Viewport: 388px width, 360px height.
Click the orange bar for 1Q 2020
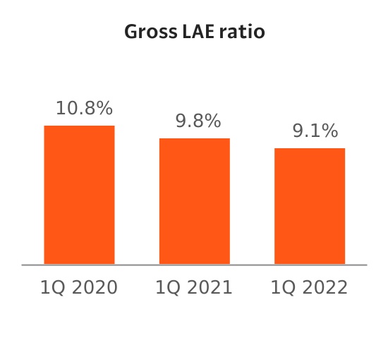79,195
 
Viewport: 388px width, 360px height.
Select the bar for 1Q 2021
195,201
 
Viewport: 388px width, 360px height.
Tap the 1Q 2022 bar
310,206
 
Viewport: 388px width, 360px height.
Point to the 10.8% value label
85,108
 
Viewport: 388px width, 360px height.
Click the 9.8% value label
198,121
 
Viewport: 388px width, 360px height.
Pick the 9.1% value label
315,131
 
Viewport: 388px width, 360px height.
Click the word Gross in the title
151,32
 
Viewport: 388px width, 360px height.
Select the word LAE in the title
198,32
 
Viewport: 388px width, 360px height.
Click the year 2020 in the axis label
95,287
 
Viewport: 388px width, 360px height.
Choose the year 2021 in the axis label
210,287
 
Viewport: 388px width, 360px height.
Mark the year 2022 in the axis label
325,287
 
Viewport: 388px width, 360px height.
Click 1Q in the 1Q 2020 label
53,288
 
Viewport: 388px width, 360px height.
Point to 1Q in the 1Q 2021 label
168,288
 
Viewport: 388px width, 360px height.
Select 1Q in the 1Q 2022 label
284,288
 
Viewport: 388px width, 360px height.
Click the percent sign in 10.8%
104,108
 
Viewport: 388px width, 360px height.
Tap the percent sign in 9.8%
212,121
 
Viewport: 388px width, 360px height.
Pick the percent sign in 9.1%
329,131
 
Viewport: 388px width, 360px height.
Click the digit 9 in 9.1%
298,131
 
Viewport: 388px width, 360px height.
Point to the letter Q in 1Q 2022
289,288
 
